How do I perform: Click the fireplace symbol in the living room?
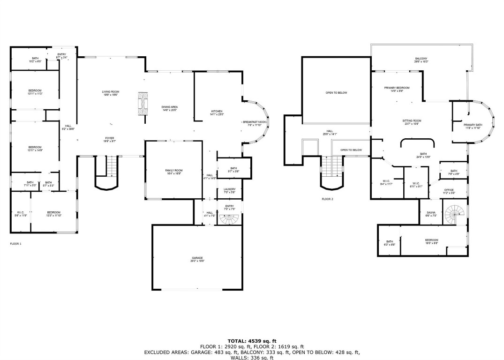coord(143,103)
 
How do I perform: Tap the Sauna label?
coord(430,214)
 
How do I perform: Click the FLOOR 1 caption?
coord(15,244)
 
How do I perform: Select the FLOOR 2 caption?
coord(327,199)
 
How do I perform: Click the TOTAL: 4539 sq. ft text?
coord(252,341)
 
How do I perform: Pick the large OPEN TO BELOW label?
coord(336,93)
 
